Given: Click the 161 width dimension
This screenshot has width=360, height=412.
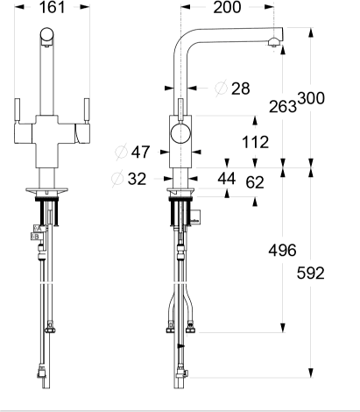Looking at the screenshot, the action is (53, 7).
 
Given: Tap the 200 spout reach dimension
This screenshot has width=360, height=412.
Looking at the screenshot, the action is (227, 7).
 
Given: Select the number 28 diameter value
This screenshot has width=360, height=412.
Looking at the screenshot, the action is (241, 89).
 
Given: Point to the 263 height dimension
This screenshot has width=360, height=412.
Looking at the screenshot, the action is (282, 106).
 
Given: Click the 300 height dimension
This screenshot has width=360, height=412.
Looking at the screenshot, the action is (311, 98).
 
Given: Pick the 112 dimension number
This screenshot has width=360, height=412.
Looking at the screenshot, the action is (255, 142).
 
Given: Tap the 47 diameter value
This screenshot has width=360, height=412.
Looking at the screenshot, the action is (140, 152).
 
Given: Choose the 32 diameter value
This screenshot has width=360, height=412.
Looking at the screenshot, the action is (137, 179).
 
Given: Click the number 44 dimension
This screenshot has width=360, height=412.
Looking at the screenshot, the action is (227, 179).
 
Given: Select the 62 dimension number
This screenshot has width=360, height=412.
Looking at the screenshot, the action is (255, 182).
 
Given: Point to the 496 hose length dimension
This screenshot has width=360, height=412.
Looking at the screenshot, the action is (282, 251).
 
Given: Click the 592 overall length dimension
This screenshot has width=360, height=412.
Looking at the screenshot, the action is (311, 273).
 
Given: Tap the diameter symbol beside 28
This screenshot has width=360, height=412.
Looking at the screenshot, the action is (221, 89).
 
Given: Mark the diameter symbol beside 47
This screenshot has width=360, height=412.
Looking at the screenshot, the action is (121, 152).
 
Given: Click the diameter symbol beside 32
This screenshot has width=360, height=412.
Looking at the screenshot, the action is (117, 178).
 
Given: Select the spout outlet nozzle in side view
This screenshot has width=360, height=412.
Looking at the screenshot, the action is (274, 43).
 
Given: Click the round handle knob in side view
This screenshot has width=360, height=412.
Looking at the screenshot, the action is (181, 133).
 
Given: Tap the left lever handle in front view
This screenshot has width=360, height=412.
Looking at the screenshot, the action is (18, 111).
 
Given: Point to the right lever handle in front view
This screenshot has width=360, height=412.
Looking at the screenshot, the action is (87, 111).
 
